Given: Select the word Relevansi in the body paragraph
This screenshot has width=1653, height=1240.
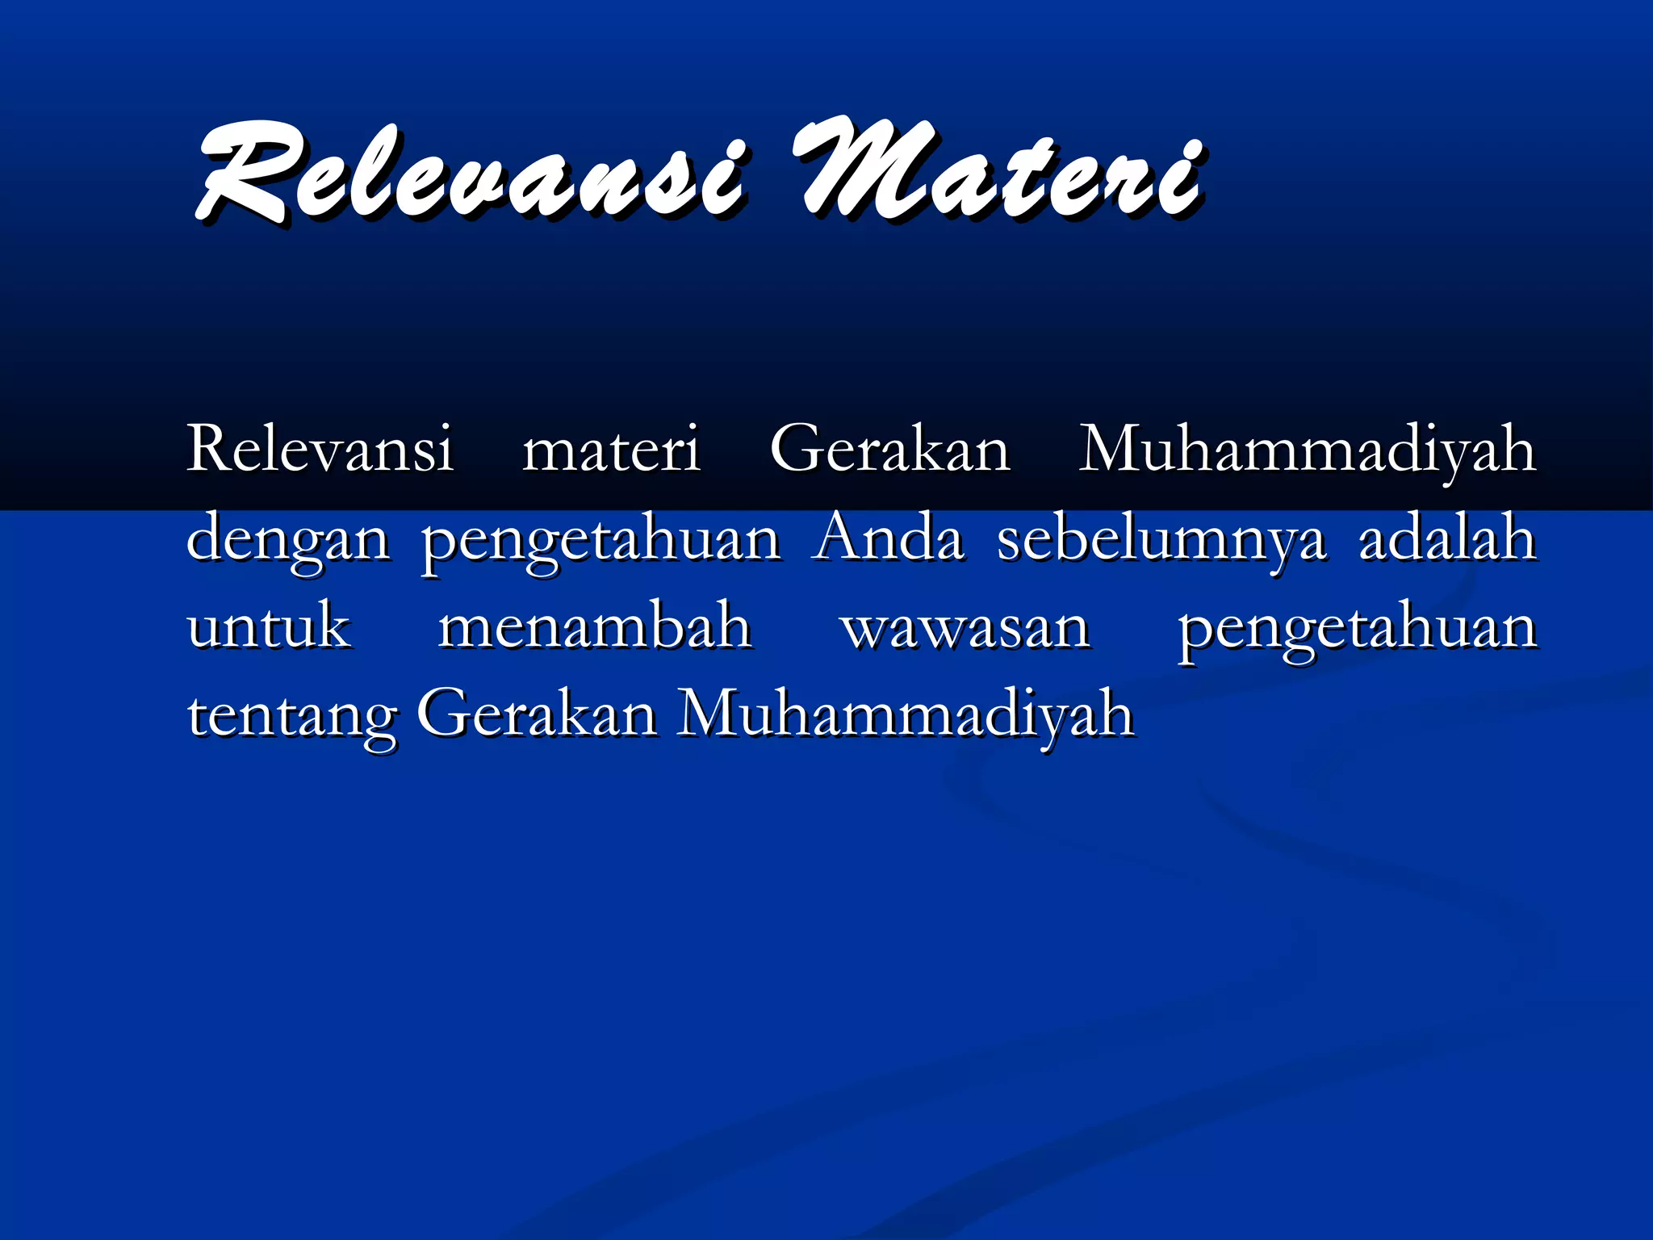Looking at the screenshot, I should (x=320, y=449).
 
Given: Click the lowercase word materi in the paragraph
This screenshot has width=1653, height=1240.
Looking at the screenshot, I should (x=611, y=450).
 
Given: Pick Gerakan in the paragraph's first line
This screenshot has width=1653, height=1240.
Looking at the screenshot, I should (x=889, y=449).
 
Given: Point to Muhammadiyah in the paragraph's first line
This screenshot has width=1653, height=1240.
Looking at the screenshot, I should (x=1308, y=450).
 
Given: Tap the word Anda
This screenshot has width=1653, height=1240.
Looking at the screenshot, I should (x=888, y=538).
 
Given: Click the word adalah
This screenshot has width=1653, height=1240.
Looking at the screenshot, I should (x=1446, y=538).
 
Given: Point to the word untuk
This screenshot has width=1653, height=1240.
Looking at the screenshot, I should (x=269, y=626).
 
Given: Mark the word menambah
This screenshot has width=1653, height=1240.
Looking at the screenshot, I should (x=595, y=626).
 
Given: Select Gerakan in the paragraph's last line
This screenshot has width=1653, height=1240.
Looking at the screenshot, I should (x=537, y=714).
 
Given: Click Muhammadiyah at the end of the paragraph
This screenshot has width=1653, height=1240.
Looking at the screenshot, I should (x=906, y=715).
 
